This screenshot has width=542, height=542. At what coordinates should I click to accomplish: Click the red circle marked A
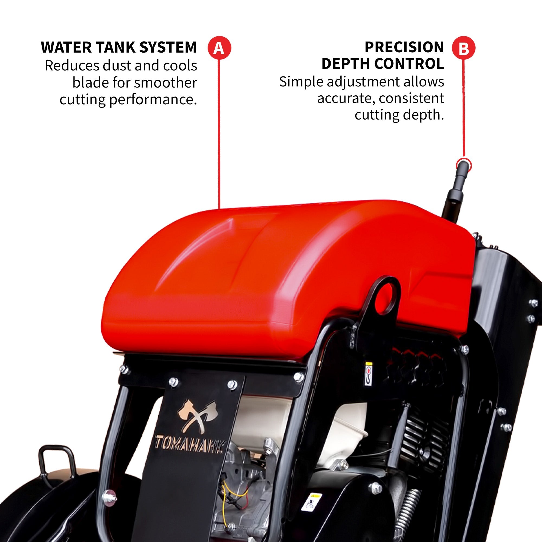point(219,48)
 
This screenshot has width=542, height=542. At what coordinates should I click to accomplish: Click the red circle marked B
point(463,48)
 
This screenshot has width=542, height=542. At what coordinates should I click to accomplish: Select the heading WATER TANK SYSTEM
point(119,47)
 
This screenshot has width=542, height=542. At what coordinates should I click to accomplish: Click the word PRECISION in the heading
point(404,47)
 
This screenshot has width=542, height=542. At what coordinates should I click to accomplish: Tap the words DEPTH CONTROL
point(383,64)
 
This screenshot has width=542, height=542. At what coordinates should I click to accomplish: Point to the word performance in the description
point(153,100)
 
